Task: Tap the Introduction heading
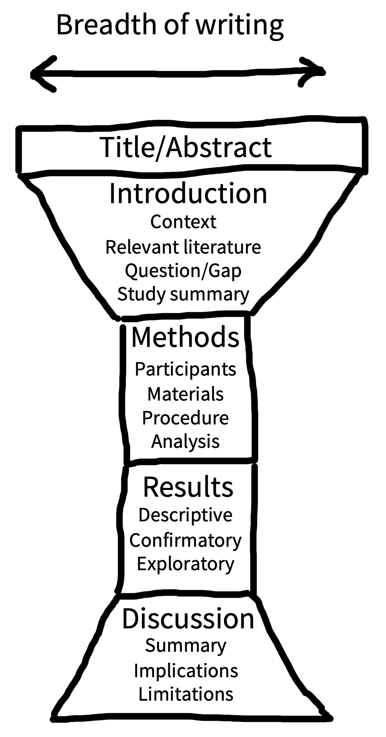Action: click(x=188, y=193)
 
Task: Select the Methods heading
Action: click(x=185, y=337)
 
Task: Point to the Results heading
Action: click(x=188, y=487)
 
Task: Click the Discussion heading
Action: click(x=188, y=618)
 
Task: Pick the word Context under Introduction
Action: click(x=183, y=222)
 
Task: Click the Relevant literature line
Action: click(x=183, y=247)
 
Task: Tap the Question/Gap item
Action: click(x=183, y=271)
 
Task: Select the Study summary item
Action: click(x=183, y=294)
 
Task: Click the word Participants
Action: click(x=185, y=369)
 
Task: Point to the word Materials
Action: click(x=185, y=394)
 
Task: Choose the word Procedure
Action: click(x=185, y=418)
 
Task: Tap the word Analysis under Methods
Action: click(x=185, y=441)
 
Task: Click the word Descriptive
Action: click(x=185, y=515)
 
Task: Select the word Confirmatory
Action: click(x=185, y=540)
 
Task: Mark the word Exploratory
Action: click(x=185, y=564)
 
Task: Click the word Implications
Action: click(x=186, y=670)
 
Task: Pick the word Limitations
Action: click(x=186, y=694)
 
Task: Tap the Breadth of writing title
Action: click(x=170, y=25)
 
